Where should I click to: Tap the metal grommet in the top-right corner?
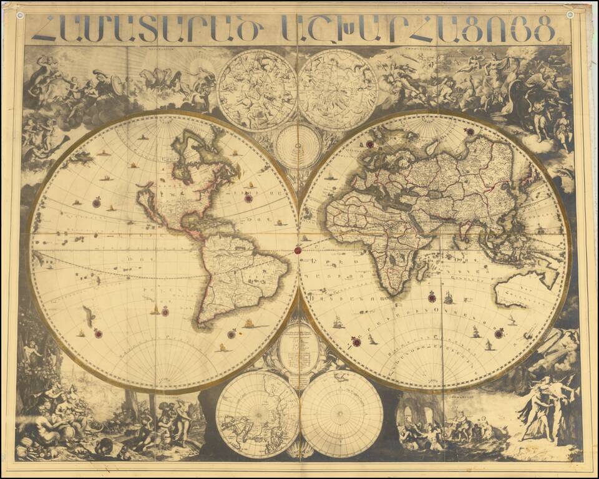click(x=570, y=14)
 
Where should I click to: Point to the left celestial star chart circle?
click(x=257, y=90)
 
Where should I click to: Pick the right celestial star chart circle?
click(x=338, y=90)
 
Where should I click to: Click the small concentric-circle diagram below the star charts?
click(x=298, y=146)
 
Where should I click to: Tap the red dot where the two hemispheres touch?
click(x=298, y=251)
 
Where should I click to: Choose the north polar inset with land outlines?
click(x=258, y=414)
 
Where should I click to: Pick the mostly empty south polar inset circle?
click(x=341, y=414)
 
